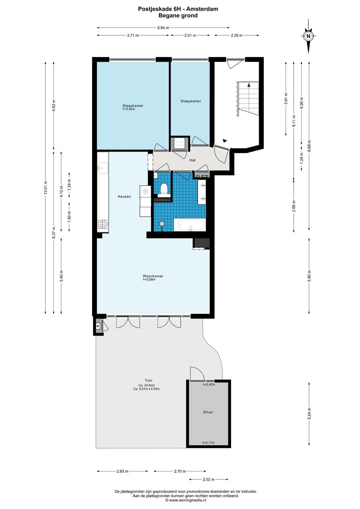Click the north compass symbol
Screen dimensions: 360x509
308,36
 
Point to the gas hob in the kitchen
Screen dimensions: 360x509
103,224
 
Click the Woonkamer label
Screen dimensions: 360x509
153,276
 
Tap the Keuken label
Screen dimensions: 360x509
124,196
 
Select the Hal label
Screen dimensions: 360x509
192,160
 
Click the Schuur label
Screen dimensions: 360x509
208,412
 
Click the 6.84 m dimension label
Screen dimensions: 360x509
163,28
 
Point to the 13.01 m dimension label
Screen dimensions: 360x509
45,187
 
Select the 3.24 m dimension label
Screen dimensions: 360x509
309,414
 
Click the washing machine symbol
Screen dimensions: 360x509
180,144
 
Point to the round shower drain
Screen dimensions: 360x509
162,224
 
